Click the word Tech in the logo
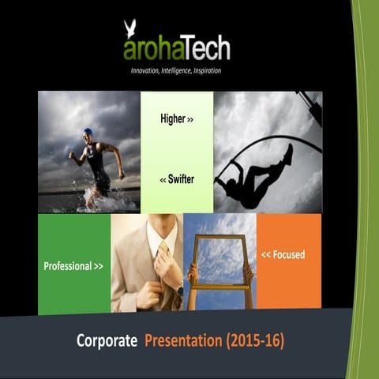[202, 50]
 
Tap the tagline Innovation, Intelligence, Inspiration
[176, 71]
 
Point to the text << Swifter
[177, 179]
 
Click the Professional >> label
[73, 266]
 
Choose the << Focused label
[283, 254]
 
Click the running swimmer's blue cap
[88, 132]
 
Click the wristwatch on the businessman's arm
[180, 291]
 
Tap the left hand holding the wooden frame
[192, 272]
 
